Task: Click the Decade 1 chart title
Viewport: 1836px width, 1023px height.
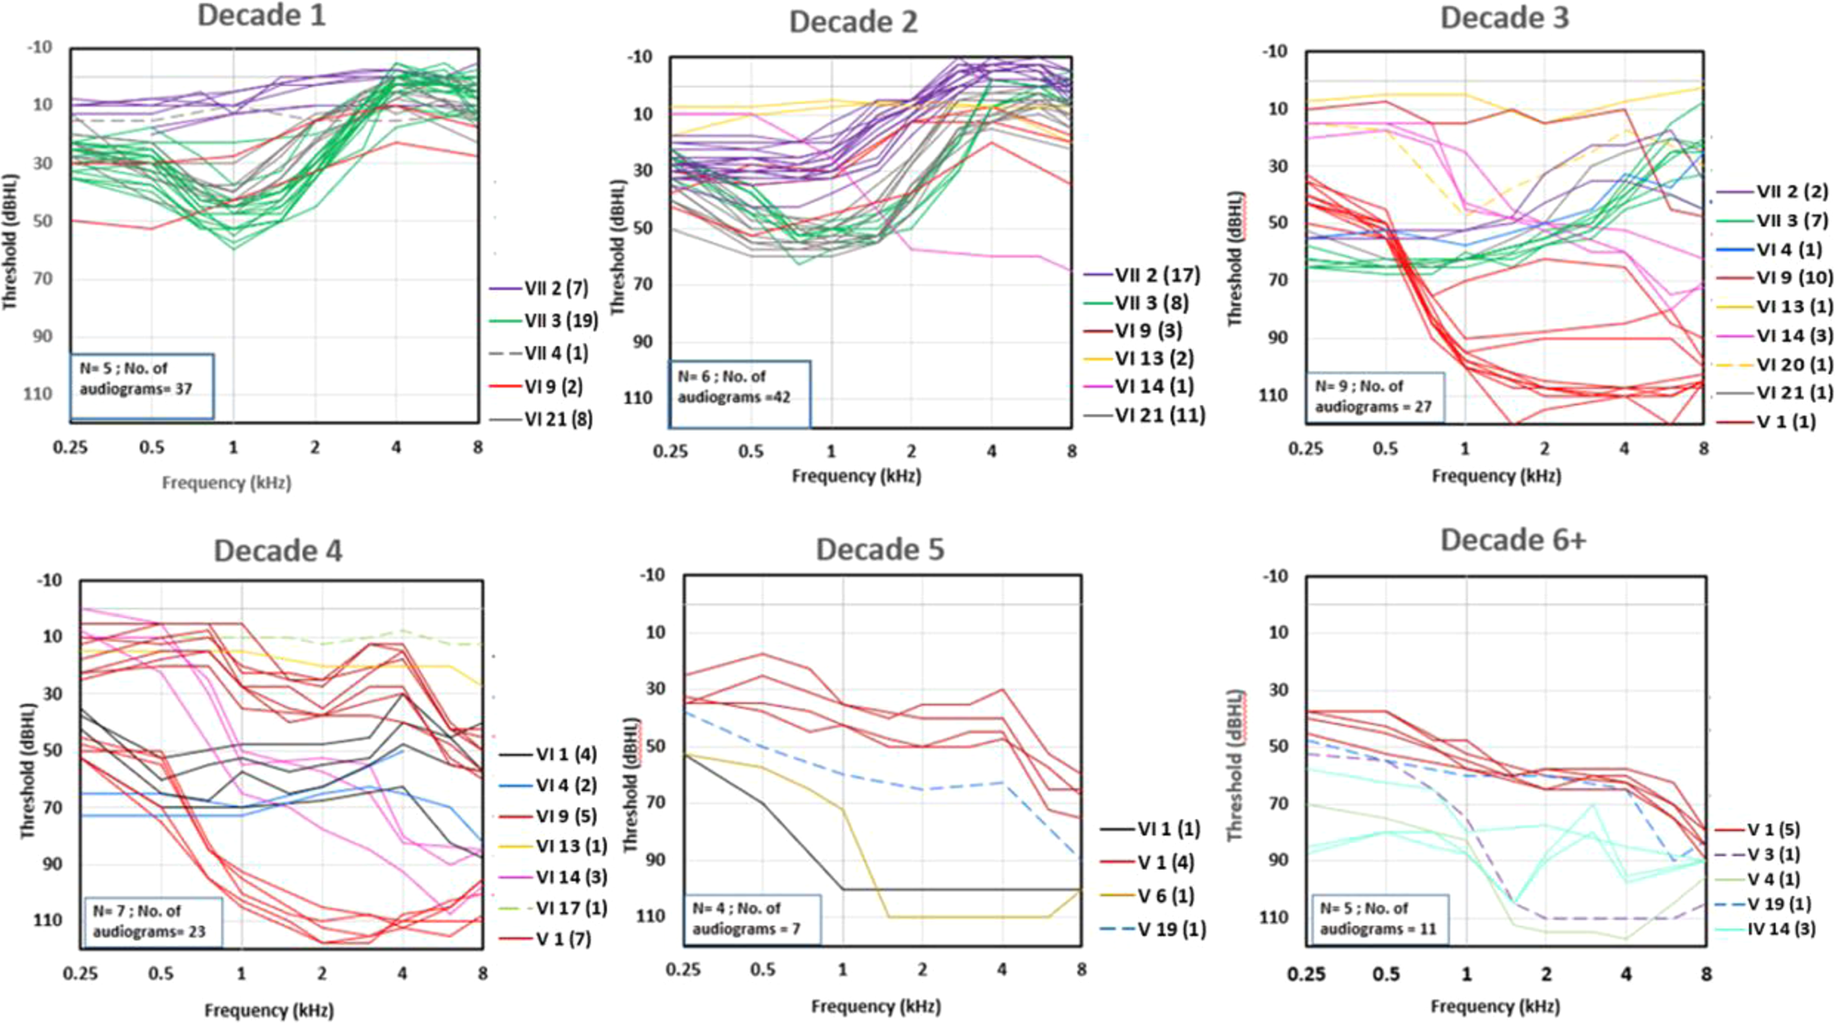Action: tap(261, 15)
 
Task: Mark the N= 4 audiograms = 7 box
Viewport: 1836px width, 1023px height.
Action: tap(751, 918)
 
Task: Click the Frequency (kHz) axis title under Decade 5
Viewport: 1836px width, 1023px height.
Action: tap(875, 1006)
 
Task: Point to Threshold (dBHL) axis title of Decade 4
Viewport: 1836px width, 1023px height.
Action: tap(27, 771)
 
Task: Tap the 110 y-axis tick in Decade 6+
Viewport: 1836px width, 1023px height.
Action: tap(1274, 917)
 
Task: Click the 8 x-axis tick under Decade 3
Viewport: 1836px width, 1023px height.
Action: tap(1703, 449)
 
